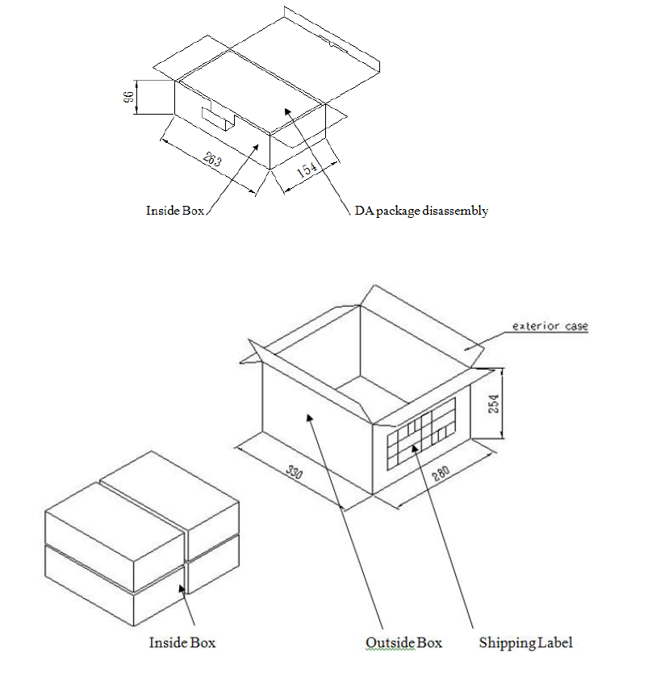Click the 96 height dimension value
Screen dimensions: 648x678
(x=128, y=97)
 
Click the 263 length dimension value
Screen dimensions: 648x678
(x=212, y=159)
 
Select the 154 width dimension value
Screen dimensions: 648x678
(x=307, y=169)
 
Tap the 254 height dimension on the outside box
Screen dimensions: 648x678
(x=493, y=404)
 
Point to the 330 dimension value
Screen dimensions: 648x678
(x=294, y=471)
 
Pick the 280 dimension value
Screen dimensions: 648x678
(x=441, y=474)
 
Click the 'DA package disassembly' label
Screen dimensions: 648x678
(x=421, y=211)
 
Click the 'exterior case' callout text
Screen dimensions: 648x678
(x=550, y=326)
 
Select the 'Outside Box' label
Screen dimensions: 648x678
(x=403, y=642)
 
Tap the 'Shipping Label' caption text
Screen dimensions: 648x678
(x=525, y=643)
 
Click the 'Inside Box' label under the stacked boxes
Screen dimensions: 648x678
(x=182, y=642)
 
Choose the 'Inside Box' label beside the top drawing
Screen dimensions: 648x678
(x=175, y=211)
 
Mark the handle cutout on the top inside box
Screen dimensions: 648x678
(x=219, y=116)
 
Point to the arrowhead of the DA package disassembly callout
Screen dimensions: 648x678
(x=287, y=112)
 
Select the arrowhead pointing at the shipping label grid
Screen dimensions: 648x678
(x=415, y=448)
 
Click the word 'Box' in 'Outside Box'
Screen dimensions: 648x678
(x=429, y=642)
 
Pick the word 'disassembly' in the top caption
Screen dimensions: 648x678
(x=455, y=211)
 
